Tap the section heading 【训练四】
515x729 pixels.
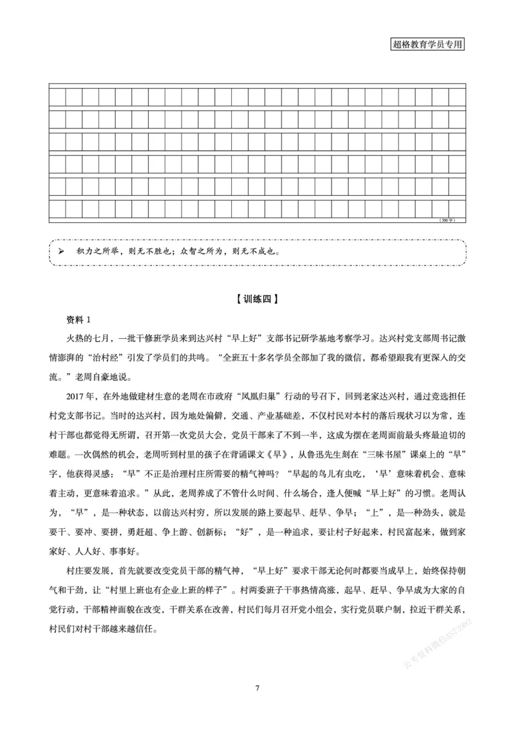pyautogui.click(x=257, y=298)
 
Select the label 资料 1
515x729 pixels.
pyautogui.click(x=80, y=320)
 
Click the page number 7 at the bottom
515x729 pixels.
pyautogui.click(x=257, y=688)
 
